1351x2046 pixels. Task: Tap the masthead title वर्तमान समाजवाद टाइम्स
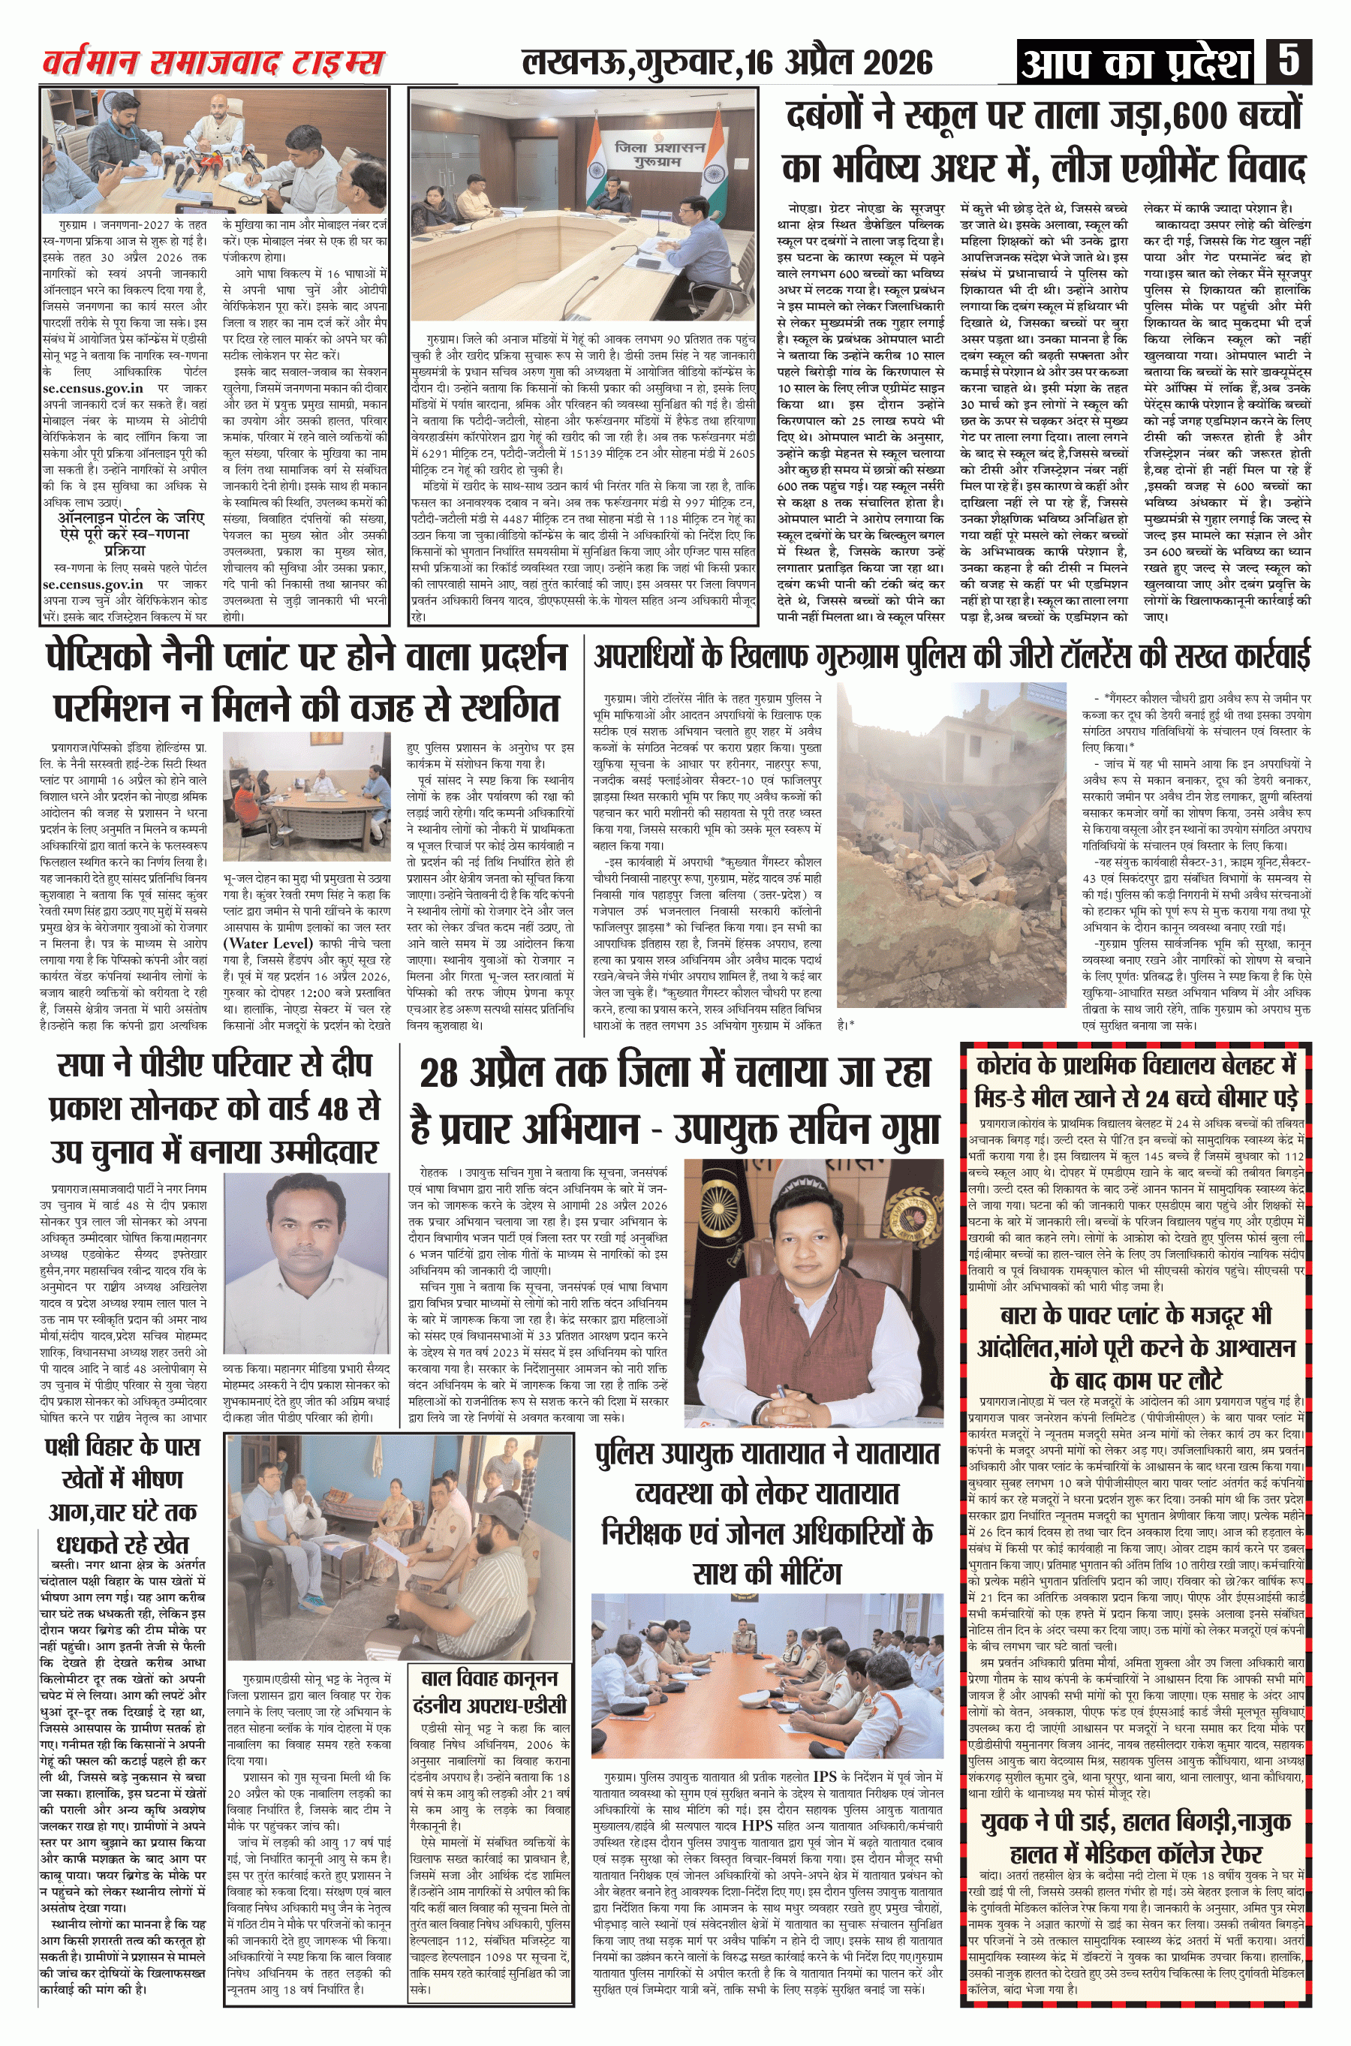coord(214,63)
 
